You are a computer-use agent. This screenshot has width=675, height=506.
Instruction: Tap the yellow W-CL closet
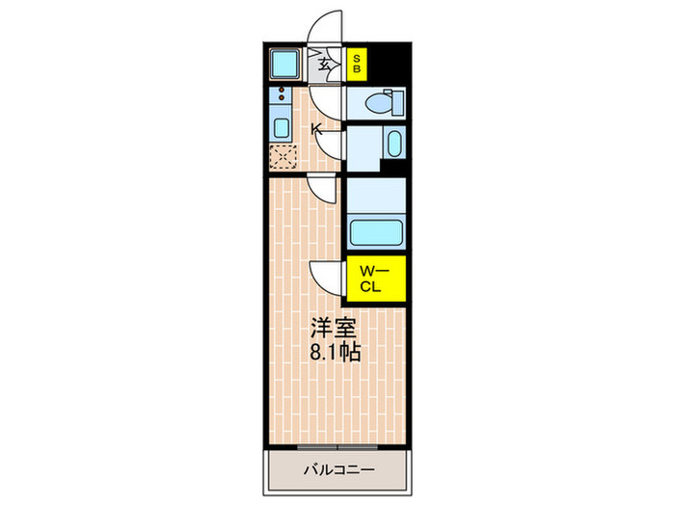tap(374, 279)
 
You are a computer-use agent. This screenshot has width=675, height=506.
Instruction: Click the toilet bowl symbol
tap(385, 102)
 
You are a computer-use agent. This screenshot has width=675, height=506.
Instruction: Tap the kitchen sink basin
tap(282, 127)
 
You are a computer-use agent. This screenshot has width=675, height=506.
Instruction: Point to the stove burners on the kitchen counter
tap(282, 96)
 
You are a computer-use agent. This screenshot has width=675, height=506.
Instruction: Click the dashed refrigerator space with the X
tap(283, 158)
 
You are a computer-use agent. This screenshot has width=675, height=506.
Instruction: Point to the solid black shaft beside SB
tap(390, 65)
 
